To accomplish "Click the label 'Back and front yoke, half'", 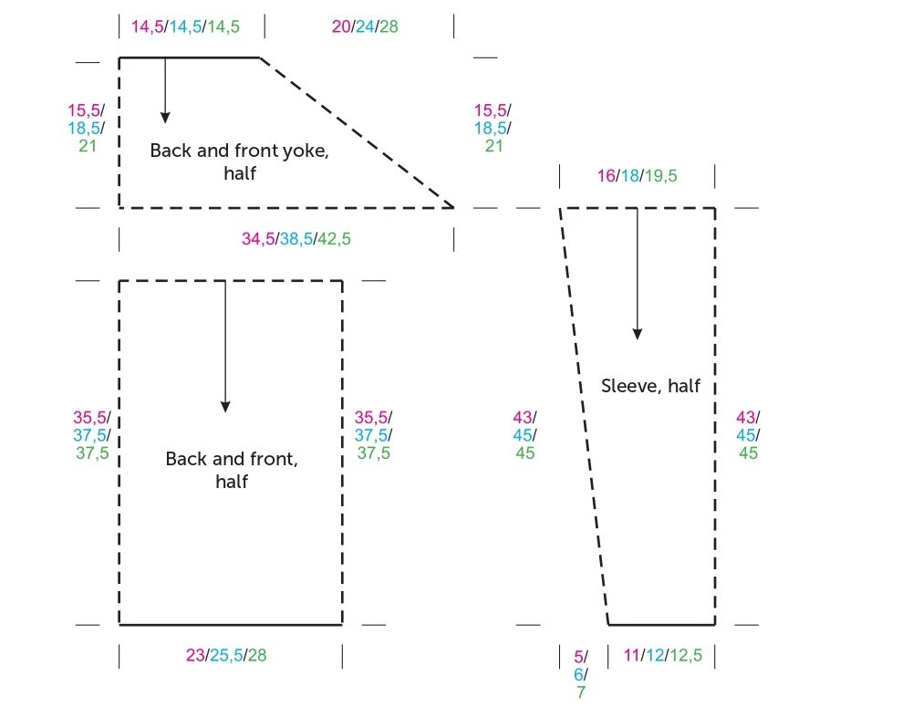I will click(239, 161).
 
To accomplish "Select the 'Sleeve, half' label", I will click(650, 386).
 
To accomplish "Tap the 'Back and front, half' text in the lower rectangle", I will click(231, 470).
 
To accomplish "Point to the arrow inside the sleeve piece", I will click(637, 274).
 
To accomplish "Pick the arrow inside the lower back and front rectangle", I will click(225, 347).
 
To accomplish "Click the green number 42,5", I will click(333, 239).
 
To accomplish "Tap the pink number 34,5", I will click(258, 239).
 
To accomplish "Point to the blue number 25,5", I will click(226, 655).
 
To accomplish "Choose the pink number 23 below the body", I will click(194, 655).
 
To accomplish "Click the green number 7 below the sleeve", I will click(580, 692).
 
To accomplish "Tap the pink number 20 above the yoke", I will click(341, 26).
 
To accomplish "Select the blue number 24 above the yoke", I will click(365, 26).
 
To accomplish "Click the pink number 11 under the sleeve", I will click(632, 655).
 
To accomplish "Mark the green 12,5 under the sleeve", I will click(684, 655).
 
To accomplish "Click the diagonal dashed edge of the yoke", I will click(358, 133).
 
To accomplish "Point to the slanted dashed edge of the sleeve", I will click(584, 416).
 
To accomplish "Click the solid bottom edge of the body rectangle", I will click(231, 625).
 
